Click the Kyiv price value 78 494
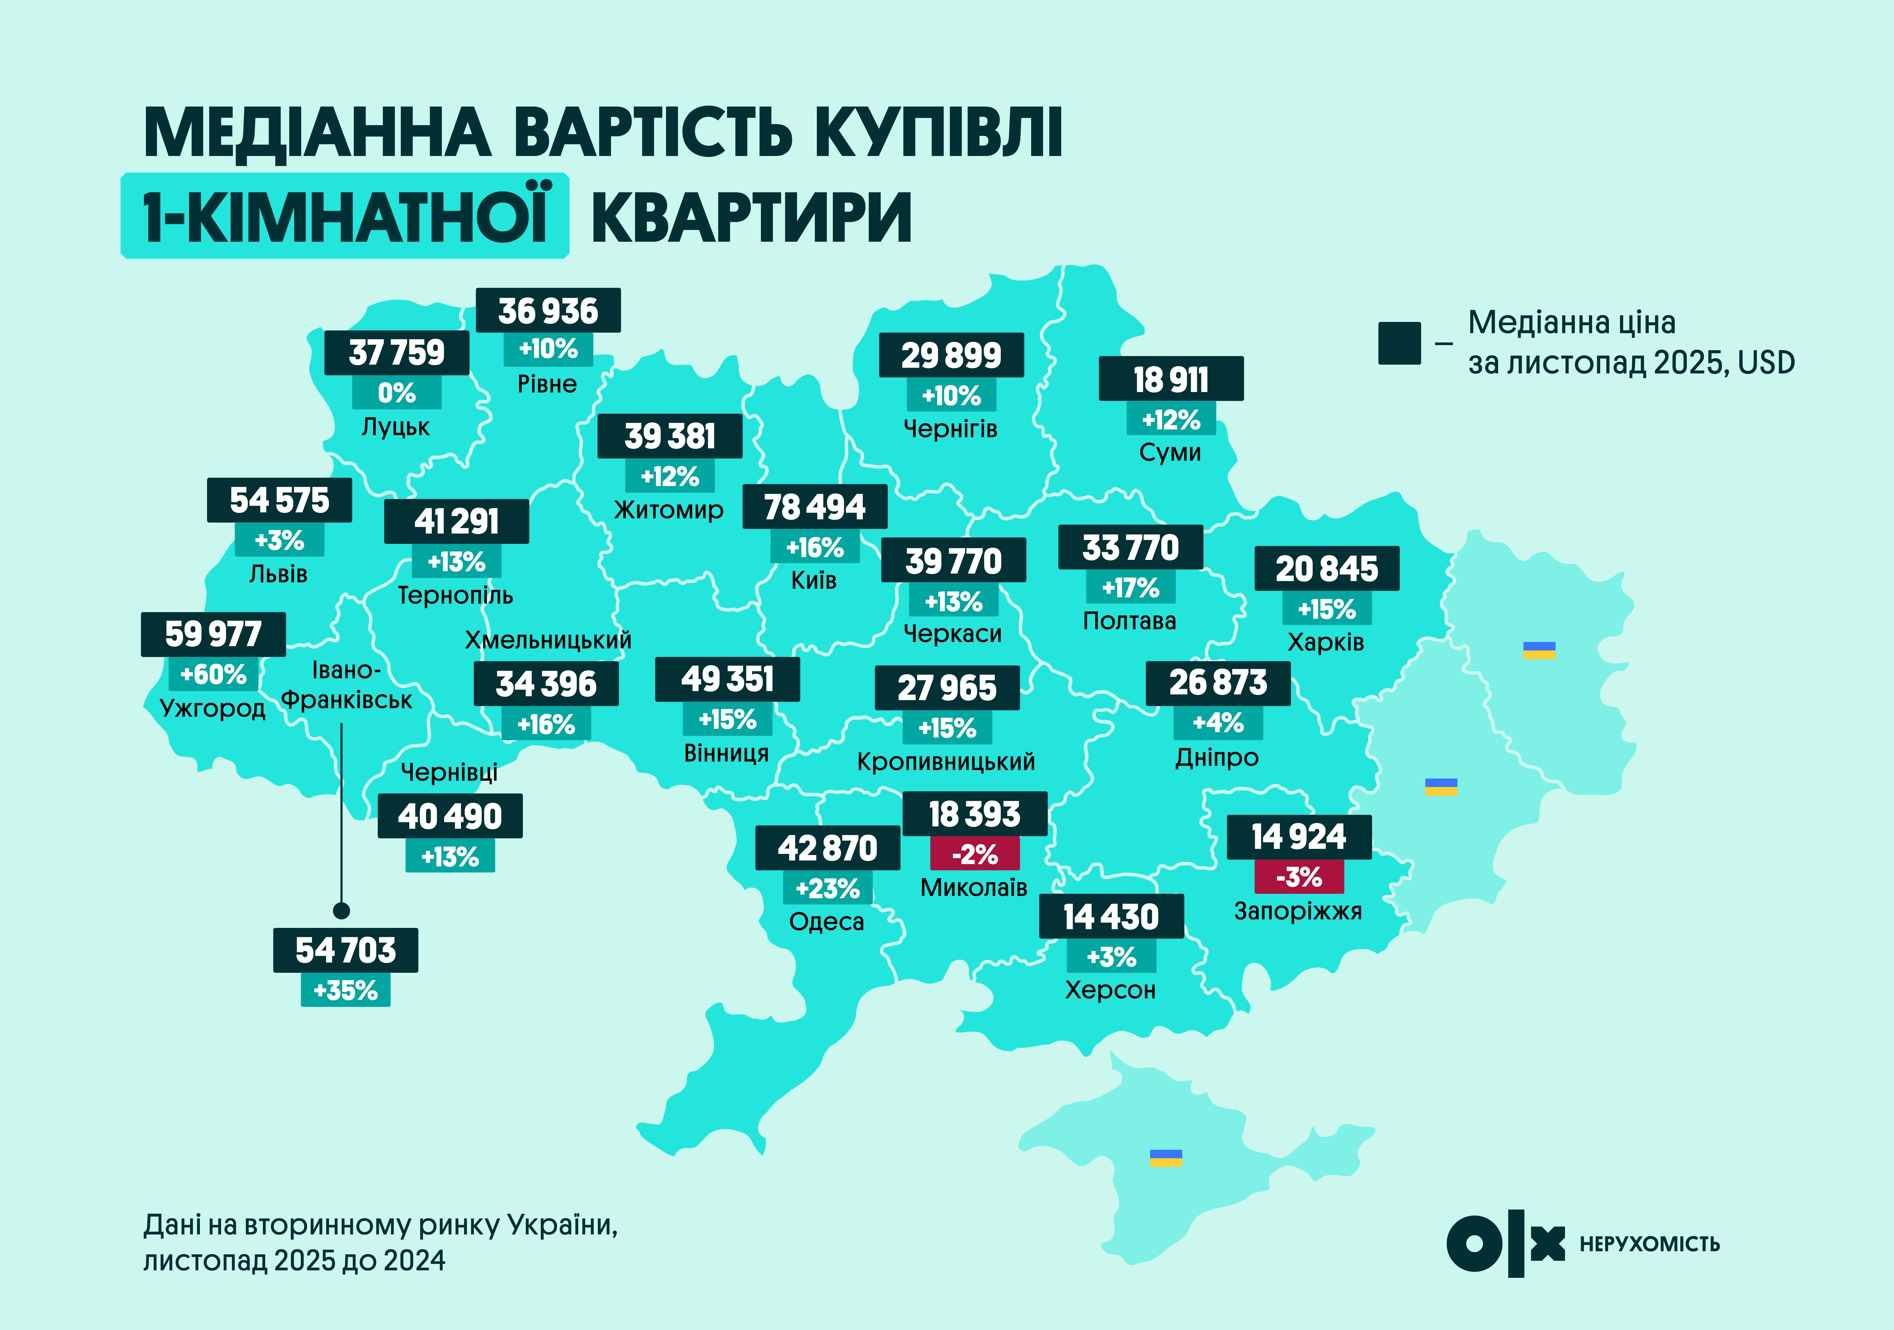coord(814,507)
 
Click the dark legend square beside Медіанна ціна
coord(1399,343)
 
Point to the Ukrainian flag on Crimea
coord(1165,1157)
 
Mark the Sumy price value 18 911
coord(1171,380)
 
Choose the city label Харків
coord(1326,642)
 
